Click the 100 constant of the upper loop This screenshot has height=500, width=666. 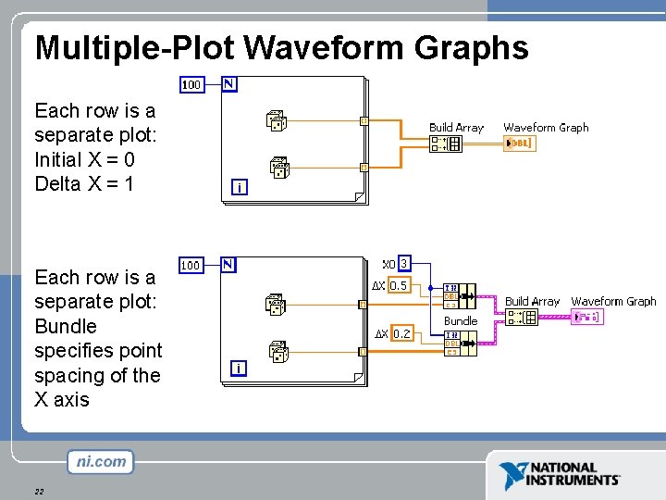[191, 85]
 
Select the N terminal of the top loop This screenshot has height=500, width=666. [228, 84]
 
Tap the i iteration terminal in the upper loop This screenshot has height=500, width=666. [240, 188]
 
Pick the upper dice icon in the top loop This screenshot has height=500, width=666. [277, 119]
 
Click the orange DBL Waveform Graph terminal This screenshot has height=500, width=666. [519, 144]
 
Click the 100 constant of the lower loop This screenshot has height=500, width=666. [191, 265]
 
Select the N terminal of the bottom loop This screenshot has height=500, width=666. [228, 264]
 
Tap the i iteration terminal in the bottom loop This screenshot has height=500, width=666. [240, 368]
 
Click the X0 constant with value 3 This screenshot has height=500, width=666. [403, 264]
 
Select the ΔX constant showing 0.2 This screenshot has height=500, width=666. [401, 333]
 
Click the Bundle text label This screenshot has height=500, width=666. [461, 321]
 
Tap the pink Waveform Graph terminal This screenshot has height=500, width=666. [586, 318]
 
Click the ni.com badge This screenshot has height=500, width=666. [100, 461]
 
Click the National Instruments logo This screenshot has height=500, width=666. [561, 475]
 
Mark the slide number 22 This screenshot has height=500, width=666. [39, 491]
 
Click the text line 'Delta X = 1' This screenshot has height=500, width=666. [84, 183]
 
